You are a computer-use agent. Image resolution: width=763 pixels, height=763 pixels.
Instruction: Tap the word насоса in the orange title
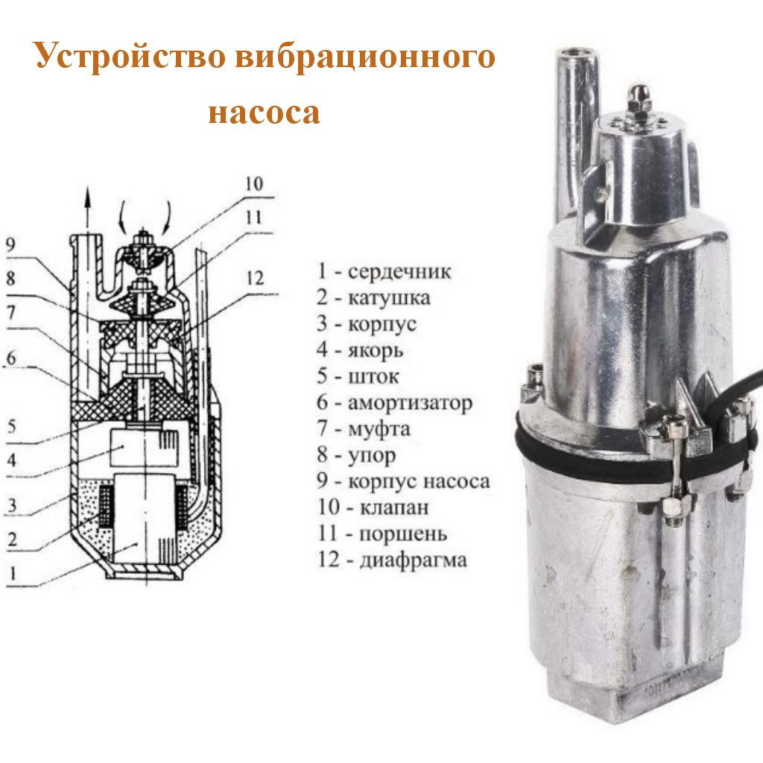coord(265,113)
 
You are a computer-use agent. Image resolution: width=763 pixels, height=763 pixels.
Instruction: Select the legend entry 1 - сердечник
coord(384,271)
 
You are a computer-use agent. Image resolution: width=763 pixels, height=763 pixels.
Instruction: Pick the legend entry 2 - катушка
coord(373,297)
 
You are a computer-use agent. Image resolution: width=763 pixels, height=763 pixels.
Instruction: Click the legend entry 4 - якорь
coord(360,349)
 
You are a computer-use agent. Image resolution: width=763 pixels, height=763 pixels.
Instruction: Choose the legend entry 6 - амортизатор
coord(395,402)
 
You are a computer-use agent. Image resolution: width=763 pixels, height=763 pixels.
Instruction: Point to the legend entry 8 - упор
coord(356,455)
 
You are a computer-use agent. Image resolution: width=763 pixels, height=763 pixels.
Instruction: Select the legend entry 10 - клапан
coord(373,507)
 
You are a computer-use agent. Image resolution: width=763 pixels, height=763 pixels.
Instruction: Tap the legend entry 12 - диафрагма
coord(392,560)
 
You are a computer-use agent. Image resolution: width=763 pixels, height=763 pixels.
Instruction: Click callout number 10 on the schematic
coord(254,184)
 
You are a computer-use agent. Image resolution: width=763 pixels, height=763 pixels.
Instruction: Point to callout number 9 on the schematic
coord(10,244)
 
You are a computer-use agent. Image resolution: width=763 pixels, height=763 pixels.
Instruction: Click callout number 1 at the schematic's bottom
coord(13,573)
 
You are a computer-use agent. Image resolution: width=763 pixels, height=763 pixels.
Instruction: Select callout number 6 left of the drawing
coord(11,358)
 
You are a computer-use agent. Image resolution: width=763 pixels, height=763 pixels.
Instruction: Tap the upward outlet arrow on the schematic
coord(88,208)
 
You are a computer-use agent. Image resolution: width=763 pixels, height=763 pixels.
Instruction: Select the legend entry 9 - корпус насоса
coord(403,481)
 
